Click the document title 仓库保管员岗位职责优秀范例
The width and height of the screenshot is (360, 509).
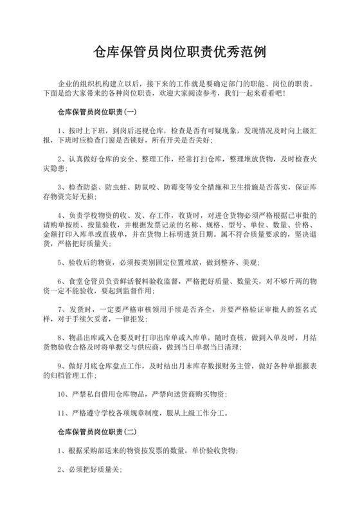(x=179, y=51)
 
